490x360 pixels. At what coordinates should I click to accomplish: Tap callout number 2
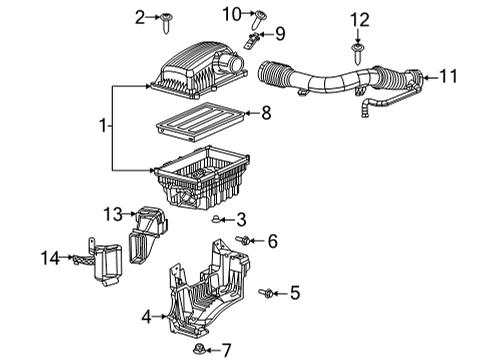(140, 15)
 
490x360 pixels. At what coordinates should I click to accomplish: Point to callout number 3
(240, 218)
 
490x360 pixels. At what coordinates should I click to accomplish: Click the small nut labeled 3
(217, 218)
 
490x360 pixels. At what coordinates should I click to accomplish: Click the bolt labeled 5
(269, 292)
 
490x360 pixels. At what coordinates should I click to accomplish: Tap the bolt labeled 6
(245, 241)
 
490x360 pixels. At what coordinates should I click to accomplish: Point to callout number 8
(265, 114)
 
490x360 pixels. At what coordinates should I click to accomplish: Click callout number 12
(358, 18)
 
